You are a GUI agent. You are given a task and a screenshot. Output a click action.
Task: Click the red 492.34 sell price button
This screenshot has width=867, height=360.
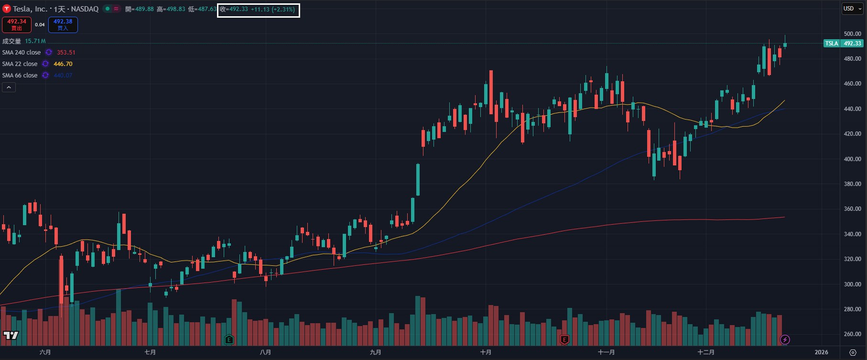tap(17, 24)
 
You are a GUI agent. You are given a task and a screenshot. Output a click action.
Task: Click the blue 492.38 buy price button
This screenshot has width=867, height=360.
tap(63, 24)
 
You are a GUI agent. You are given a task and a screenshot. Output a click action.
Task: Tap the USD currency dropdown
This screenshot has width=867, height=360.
tap(852, 9)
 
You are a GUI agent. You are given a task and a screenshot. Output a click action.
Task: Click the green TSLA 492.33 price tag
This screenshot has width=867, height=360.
tap(843, 44)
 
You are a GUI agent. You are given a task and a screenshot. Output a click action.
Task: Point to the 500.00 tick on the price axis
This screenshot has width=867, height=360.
tap(852, 34)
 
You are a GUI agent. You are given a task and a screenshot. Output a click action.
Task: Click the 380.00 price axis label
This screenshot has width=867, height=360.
tap(852, 184)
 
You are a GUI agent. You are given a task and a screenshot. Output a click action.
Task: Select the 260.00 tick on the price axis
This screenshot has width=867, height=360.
tap(852, 334)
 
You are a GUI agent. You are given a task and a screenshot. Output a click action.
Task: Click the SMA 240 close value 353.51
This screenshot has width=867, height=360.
tap(66, 53)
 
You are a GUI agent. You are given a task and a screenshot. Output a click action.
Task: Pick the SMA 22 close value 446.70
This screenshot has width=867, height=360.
tap(63, 64)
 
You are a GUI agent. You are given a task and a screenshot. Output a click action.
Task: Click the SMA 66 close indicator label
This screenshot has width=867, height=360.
tap(20, 76)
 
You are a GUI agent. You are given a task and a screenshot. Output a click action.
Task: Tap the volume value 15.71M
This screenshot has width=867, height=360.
tap(35, 42)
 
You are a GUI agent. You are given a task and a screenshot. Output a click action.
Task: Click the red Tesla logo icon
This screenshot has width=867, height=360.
tap(7, 9)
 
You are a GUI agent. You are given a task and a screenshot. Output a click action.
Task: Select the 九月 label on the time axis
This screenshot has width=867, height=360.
tap(376, 352)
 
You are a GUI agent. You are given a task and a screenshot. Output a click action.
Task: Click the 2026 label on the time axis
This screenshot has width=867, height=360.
tap(821, 352)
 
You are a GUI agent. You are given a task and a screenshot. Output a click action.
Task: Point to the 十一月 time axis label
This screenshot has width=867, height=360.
tap(606, 352)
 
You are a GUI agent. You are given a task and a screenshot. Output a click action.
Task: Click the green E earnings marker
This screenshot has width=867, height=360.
tap(229, 340)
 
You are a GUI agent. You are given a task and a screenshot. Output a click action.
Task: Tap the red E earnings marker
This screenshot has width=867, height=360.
tap(564, 340)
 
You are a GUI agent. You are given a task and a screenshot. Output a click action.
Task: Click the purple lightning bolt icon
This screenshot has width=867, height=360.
tap(785, 340)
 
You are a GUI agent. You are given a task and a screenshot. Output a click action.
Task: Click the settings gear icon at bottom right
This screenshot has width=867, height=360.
tap(853, 352)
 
